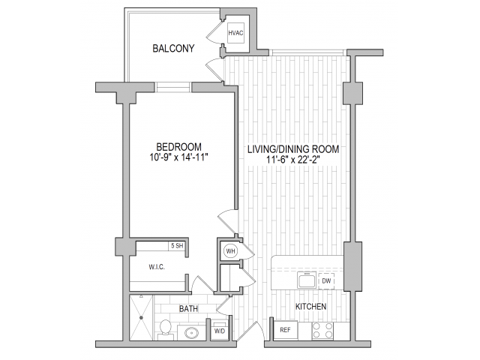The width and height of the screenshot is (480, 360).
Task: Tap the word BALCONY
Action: [173, 49]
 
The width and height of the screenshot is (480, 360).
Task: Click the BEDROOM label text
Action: [179, 146]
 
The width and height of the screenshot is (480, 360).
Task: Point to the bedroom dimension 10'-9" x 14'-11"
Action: [179, 157]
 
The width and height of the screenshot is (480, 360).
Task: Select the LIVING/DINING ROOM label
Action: [293, 149]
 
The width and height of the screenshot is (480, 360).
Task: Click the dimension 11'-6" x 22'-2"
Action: [293, 160]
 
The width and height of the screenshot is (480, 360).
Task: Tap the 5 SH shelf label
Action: [177, 246]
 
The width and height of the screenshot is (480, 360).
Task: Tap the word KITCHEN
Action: [310, 307]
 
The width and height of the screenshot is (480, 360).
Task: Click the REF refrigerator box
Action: [286, 330]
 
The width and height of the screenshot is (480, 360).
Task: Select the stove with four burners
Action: [323, 330]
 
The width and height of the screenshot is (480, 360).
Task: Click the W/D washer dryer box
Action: [220, 330]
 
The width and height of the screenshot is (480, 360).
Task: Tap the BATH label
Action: [187, 308]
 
